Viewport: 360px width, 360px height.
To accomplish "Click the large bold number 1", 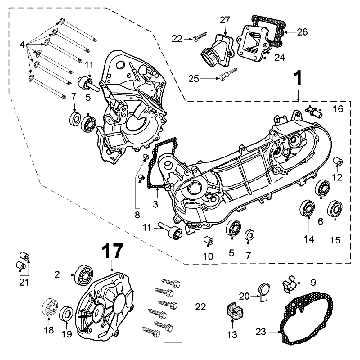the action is click(x=298, y=79).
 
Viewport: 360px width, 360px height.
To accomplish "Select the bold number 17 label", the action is click(x=112, y=251).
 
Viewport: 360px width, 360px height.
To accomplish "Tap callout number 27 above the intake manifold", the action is click(x=225, y=20).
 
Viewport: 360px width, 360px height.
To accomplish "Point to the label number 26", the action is click(x=302, y=32).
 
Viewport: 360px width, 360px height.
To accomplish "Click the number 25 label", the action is click(x=194, y=79).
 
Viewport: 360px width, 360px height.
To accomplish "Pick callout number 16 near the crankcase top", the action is click(x=338, y=109).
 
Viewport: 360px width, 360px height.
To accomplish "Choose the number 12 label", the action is click(x=337, y=177).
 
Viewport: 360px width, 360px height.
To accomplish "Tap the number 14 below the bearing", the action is click(x=309, y=239).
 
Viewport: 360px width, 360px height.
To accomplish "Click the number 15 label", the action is click(x=335, y=240).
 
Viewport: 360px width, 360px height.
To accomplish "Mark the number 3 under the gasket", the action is click(x=155, y=204).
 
